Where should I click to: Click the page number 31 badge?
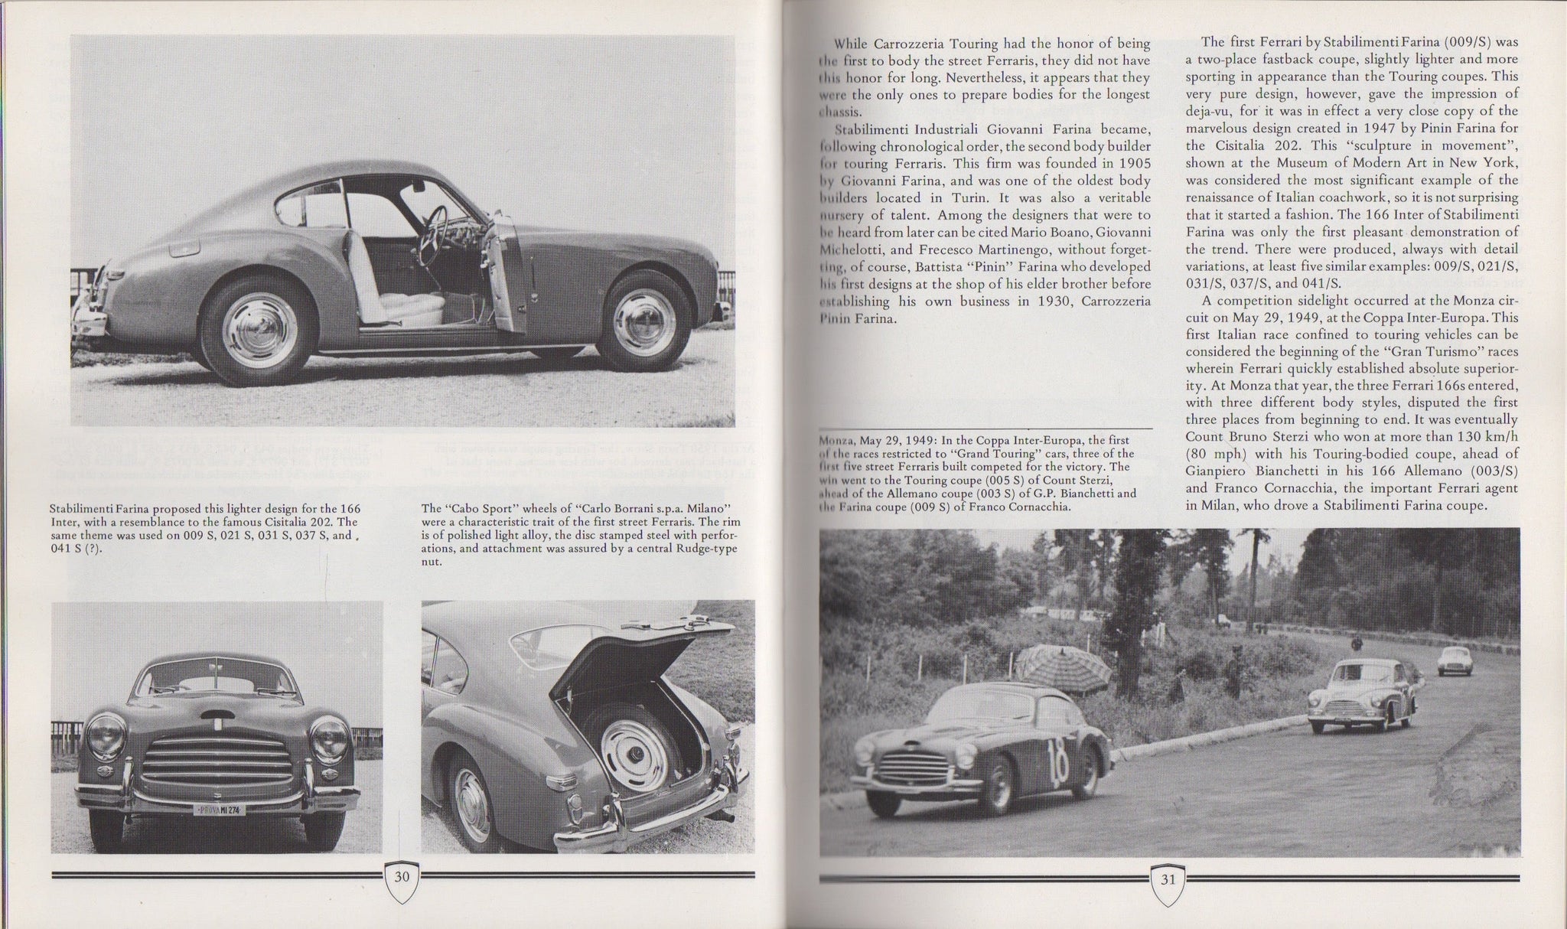point(1168,878)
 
